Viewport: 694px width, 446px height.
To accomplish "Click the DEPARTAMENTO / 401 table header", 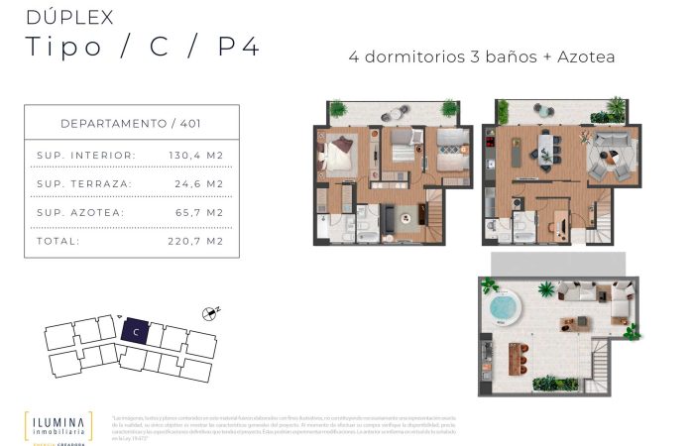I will pos(132,123).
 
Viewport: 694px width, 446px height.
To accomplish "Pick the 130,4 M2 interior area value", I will pos(195,156).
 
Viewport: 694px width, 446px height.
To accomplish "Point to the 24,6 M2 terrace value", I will pos(198,183).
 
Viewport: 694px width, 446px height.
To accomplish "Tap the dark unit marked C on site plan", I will pos(133,332).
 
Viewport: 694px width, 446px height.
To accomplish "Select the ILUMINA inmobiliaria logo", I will pos(58,423).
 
